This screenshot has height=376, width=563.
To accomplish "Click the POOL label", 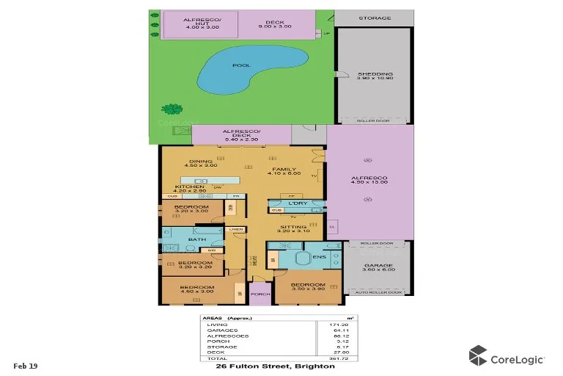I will coord(241,65).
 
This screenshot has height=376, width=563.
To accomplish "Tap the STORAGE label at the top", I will coord(375,18).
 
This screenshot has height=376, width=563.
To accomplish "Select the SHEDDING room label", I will coord(375,73).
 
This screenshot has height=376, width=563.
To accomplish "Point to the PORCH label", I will coord(260,298).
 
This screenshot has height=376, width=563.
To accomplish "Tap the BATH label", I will coord(196,239).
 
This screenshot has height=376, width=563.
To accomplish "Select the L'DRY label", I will coord(297,203).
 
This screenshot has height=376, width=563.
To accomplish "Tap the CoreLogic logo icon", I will coord(479,355).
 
